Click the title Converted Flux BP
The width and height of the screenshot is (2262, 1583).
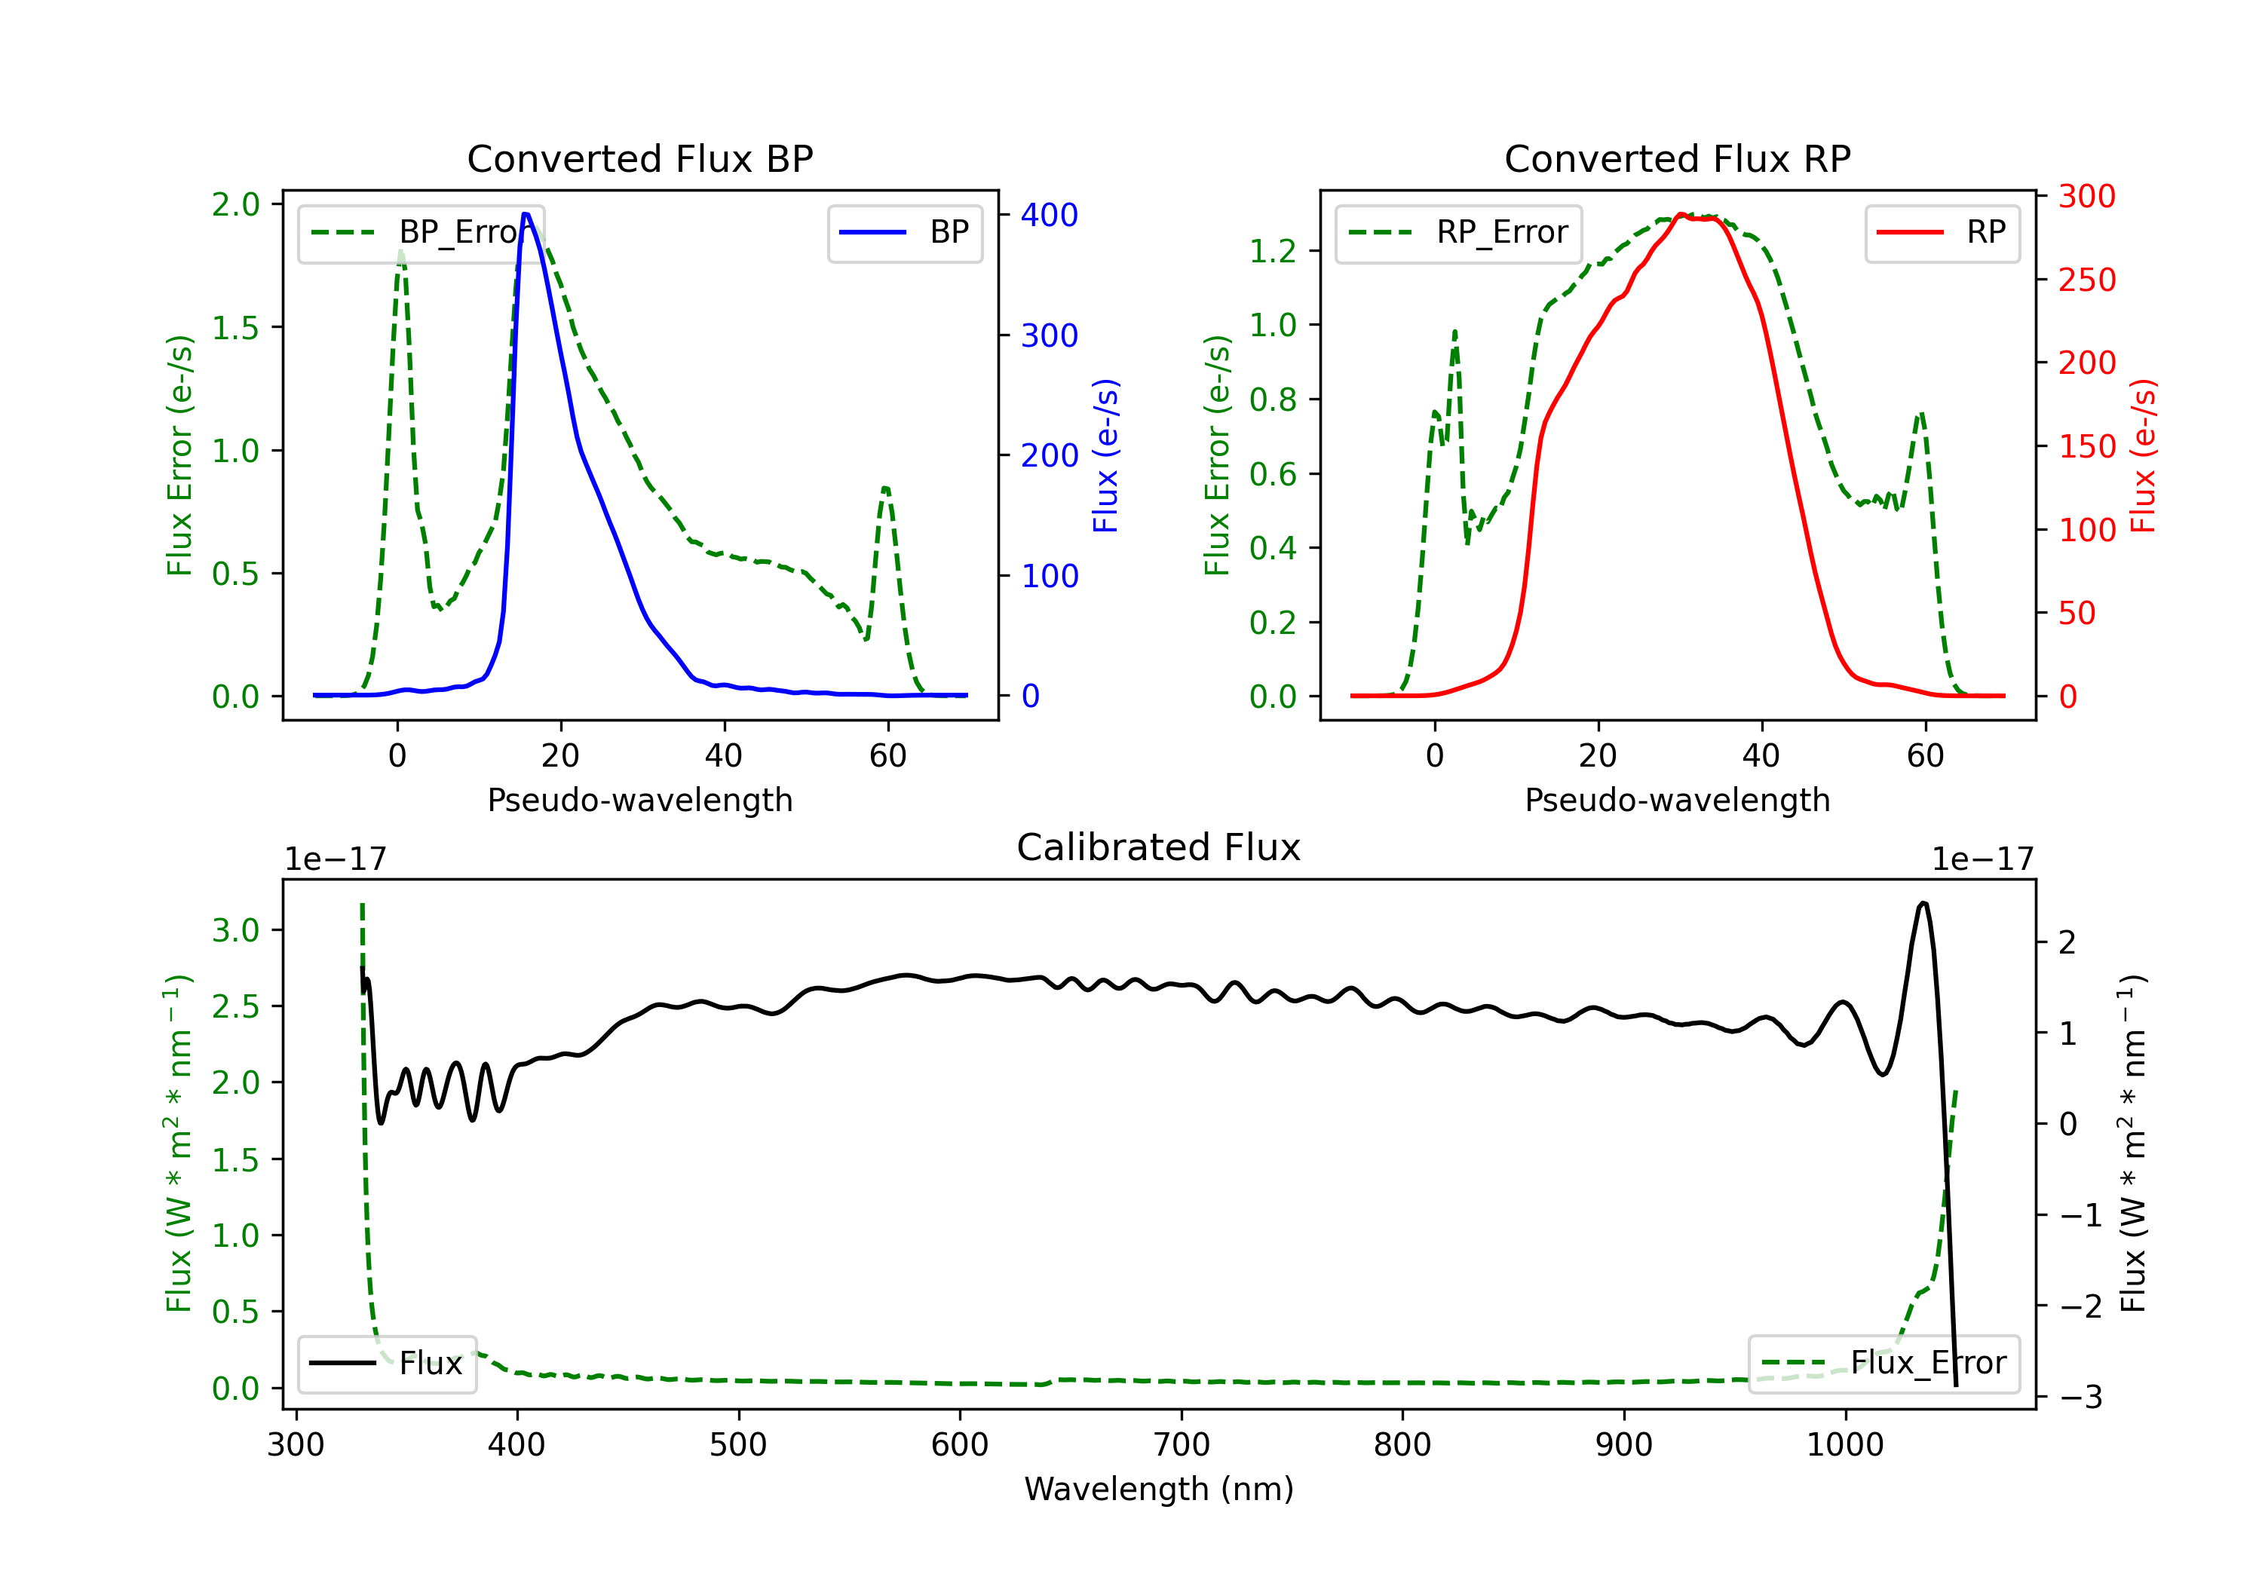(x=639, y=158)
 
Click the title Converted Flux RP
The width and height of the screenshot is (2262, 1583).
(x=1677, y=158)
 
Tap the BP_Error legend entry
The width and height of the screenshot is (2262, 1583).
(x=421, y=232)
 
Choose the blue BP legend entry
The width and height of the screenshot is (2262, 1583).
(x=904, y=232)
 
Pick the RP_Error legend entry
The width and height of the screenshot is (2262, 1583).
(x=1459, y=232)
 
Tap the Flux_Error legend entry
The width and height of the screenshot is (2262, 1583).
(x=1883, y=1364)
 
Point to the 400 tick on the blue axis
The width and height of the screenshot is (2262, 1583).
(x=1050, y=215)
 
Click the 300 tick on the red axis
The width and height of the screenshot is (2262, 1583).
(x=2086, y=196)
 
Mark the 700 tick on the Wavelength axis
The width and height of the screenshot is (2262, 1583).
(x=1182, y=1445)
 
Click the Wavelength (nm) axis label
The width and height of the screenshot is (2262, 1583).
(x=1159, y=1489)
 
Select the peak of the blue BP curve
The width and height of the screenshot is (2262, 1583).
(x=526, y=214)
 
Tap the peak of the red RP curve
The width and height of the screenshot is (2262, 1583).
(x=1681, y=214)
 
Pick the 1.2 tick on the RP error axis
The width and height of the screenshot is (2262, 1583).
(x=1273, y=251)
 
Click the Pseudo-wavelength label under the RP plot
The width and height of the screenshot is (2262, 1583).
(x=1677, y=800)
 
